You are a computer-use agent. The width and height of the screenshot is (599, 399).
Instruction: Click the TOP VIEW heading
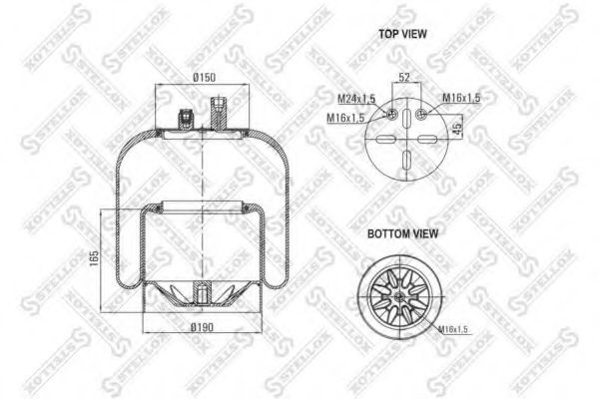[x=402, y=34]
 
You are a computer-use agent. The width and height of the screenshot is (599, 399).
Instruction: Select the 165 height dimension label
[x=94, y=258]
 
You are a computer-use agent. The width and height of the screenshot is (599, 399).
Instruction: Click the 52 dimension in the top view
[x=405, y=77]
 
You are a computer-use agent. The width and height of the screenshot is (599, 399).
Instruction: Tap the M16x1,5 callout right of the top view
[x=461, y=98]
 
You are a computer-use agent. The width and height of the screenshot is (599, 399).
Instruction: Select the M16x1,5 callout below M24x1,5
[x=345, y=118]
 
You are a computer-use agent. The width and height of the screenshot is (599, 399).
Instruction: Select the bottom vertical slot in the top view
[x=406, y=161]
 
